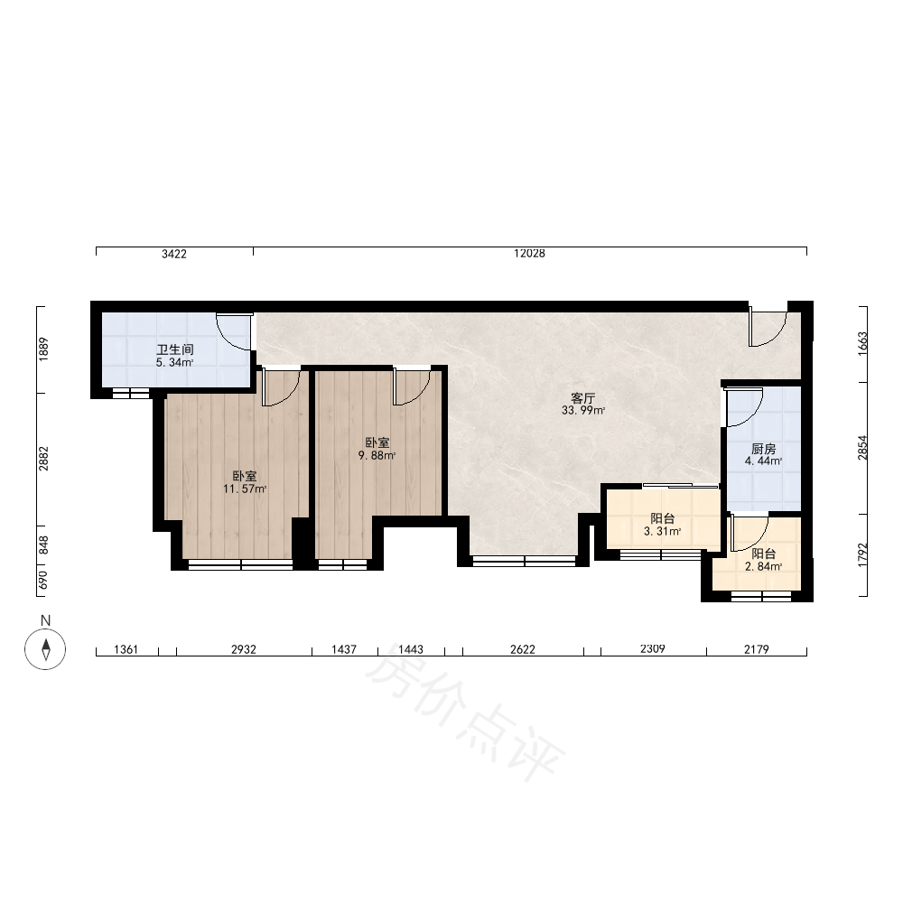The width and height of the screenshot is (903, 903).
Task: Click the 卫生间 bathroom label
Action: (x=175, y=349)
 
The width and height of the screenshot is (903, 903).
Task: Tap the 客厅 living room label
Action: (x=582, y=398)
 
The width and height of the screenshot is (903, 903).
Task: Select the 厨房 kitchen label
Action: (x=764, y=449)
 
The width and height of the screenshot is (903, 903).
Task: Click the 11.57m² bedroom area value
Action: (x=245, y=489)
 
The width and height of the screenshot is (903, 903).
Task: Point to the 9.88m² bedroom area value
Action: (x=377, y=455)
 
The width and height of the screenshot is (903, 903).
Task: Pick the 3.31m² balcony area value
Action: (x=662, y=531)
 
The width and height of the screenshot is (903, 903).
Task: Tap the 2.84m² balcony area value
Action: (x=764, y=567)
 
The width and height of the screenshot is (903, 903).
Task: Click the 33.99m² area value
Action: (x=582, y=411)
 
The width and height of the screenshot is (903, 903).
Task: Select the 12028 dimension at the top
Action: (x=529, y=254)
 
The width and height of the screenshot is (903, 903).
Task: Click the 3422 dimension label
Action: (x=174, y=254)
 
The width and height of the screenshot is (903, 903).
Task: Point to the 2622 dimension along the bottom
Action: (x=522, y=649)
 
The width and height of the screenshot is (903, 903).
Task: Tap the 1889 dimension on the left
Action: (x=43, y=349)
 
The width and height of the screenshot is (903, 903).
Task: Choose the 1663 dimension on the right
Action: (x=862, y=344)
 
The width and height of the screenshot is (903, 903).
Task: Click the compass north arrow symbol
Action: (x=45, y=649)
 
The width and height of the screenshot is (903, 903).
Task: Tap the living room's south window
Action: (x=524, y=561)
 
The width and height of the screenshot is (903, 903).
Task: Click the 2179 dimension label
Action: (x=756, y=649)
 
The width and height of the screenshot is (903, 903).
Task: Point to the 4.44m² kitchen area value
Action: (x=764, y=461)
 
